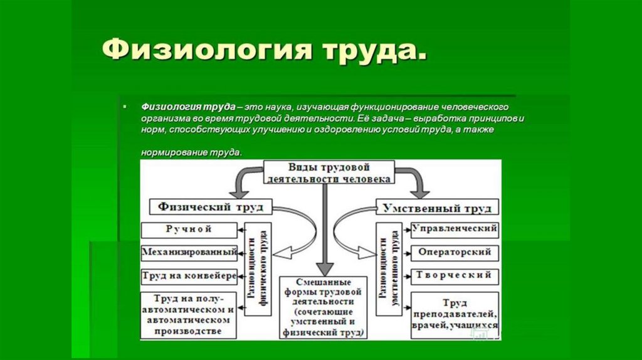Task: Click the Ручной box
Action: [189, 230]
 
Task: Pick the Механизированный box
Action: [189, 253]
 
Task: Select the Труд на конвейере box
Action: [189, 276]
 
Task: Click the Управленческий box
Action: [455, 230]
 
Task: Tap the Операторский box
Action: [455, 253]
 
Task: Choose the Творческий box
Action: [455, 276]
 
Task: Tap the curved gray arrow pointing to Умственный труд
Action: [416, 182]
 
